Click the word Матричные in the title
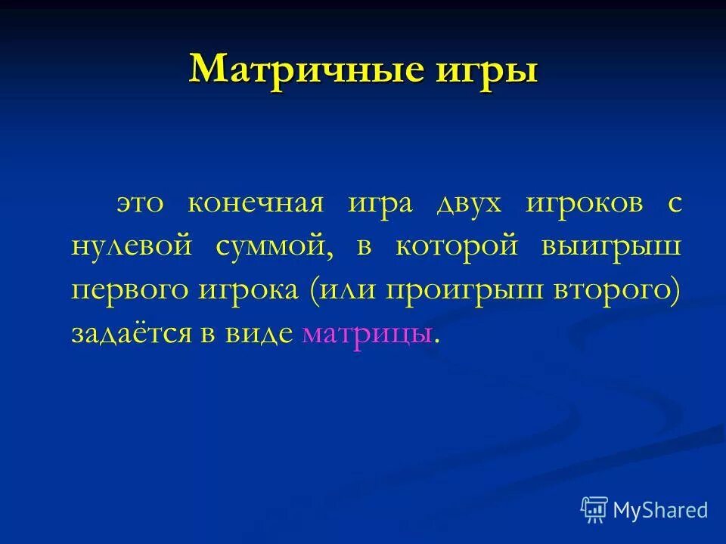[x=302, y=70]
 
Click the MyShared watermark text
[x=660, y=510]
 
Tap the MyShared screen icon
[x=594, y=510]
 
